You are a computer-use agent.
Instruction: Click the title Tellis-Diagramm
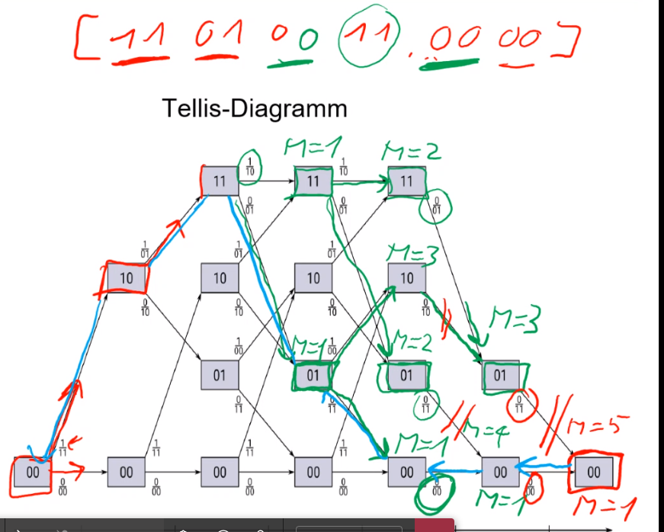pos(255,108)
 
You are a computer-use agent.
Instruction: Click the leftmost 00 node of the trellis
pos(32,472)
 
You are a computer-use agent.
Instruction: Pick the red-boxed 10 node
pos(126,278)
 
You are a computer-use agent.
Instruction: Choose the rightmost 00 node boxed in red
pos(593,472)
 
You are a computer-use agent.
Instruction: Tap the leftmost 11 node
pos(220,181)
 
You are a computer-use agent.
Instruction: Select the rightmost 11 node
pos(406,181)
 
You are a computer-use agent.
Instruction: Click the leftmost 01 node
pos(220,374)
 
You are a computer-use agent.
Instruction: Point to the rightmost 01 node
pos(500,374)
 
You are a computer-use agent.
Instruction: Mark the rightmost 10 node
pos(406,278)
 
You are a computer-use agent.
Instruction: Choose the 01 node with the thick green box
pos(313,374)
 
